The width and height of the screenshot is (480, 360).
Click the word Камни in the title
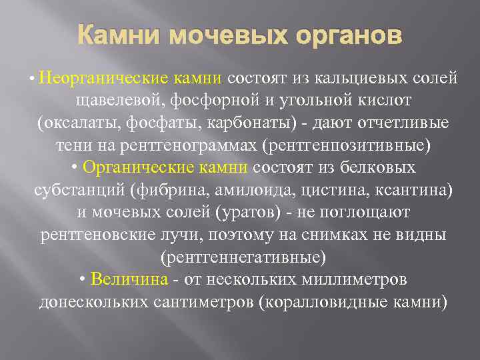pos(113,36)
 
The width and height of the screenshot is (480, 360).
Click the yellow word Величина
pos(139,279)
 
